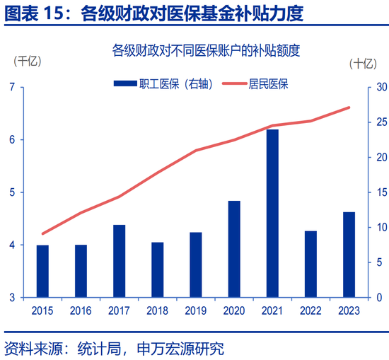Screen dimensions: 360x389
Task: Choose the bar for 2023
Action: click(349, 255)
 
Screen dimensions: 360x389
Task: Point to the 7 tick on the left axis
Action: click(13, 87)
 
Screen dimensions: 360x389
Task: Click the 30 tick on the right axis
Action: click(380, 87)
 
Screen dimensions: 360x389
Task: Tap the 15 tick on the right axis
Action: click(380, 192)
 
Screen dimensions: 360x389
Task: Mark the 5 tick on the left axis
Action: click(13, 192)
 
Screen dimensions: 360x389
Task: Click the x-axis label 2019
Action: click(195, 310)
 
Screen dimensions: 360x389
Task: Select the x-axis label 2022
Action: click(310, 310)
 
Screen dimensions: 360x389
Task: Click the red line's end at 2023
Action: click(349, 108)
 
